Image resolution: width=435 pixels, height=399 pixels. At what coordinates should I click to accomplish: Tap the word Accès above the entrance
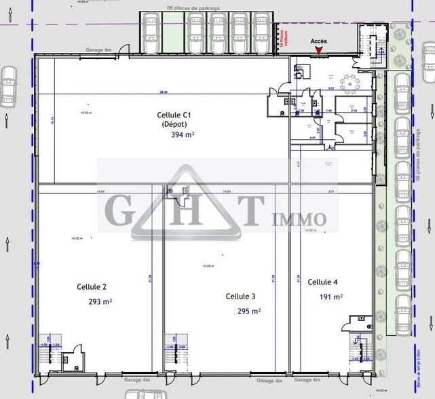319,41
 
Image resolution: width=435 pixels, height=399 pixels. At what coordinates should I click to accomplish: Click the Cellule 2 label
92,287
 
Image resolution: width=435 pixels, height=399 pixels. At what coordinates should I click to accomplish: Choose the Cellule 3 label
240,297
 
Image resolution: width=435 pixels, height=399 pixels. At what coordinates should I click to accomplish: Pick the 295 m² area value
248,311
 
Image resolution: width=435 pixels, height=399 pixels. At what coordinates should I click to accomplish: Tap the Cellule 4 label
322,282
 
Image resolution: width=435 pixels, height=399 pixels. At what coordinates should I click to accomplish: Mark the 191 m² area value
331,297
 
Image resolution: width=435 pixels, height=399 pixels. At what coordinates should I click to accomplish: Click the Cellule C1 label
175,115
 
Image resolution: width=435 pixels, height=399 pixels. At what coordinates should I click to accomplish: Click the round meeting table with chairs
352,85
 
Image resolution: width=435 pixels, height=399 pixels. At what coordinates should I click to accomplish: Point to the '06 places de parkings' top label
193,8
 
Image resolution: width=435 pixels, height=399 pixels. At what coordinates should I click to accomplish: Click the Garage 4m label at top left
98,50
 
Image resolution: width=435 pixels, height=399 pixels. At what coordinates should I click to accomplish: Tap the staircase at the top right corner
371,41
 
